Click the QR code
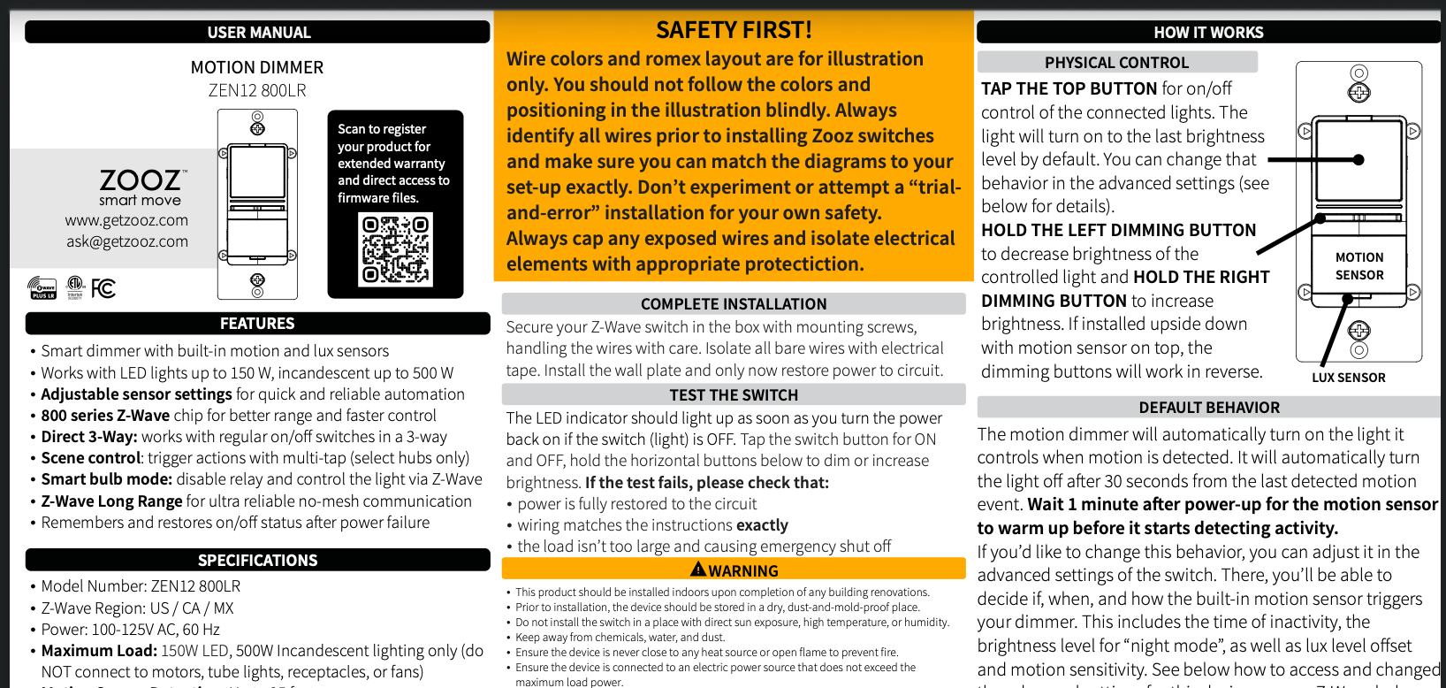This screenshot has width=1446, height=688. click(x=395, y=250)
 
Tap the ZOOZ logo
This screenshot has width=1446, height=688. click(x=141, y=180)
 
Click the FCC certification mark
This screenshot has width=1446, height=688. click(x=103, y=288)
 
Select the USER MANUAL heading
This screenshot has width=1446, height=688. click(x=258, y=33)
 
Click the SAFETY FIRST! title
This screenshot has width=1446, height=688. click(x=734, y=30)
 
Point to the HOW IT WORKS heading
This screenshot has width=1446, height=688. click(x=1207, y=33)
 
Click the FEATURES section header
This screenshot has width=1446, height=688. click(x=257, y=324)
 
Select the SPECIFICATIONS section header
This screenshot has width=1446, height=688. click(x=257, y=561)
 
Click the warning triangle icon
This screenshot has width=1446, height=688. click(x=698, y=570)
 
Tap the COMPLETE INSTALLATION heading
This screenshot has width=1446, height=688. click(x=734, y=304)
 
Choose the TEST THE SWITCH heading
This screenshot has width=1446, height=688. click(x=734, y=395)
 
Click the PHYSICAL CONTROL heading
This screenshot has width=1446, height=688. click(x=1116, y=63)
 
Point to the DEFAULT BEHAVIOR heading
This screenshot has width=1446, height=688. click(x=1208, y=408)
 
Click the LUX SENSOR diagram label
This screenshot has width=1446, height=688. click(x=1348, y=378)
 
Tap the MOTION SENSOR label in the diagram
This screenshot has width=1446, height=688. click(x=1358, y=266)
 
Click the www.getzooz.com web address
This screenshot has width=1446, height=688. click(x=126, y=220)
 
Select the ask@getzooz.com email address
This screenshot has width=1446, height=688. click(x=126, y=241)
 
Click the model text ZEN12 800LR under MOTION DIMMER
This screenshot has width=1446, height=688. click(x=257, y=90)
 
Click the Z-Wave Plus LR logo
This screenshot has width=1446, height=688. click(x=42, y=288)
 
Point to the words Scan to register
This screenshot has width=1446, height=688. click(x=382, y=129)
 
